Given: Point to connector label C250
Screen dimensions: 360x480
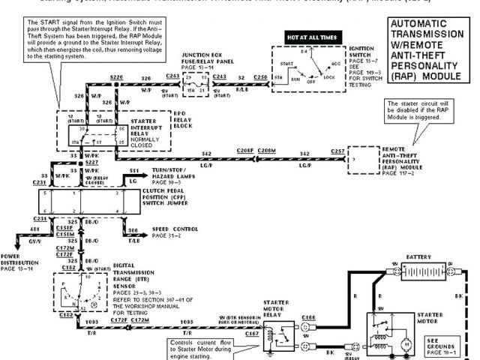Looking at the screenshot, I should coord(260,76).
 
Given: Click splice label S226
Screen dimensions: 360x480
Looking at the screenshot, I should coord(116,76).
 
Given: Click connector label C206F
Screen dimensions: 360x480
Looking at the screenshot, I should coord(246,151).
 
